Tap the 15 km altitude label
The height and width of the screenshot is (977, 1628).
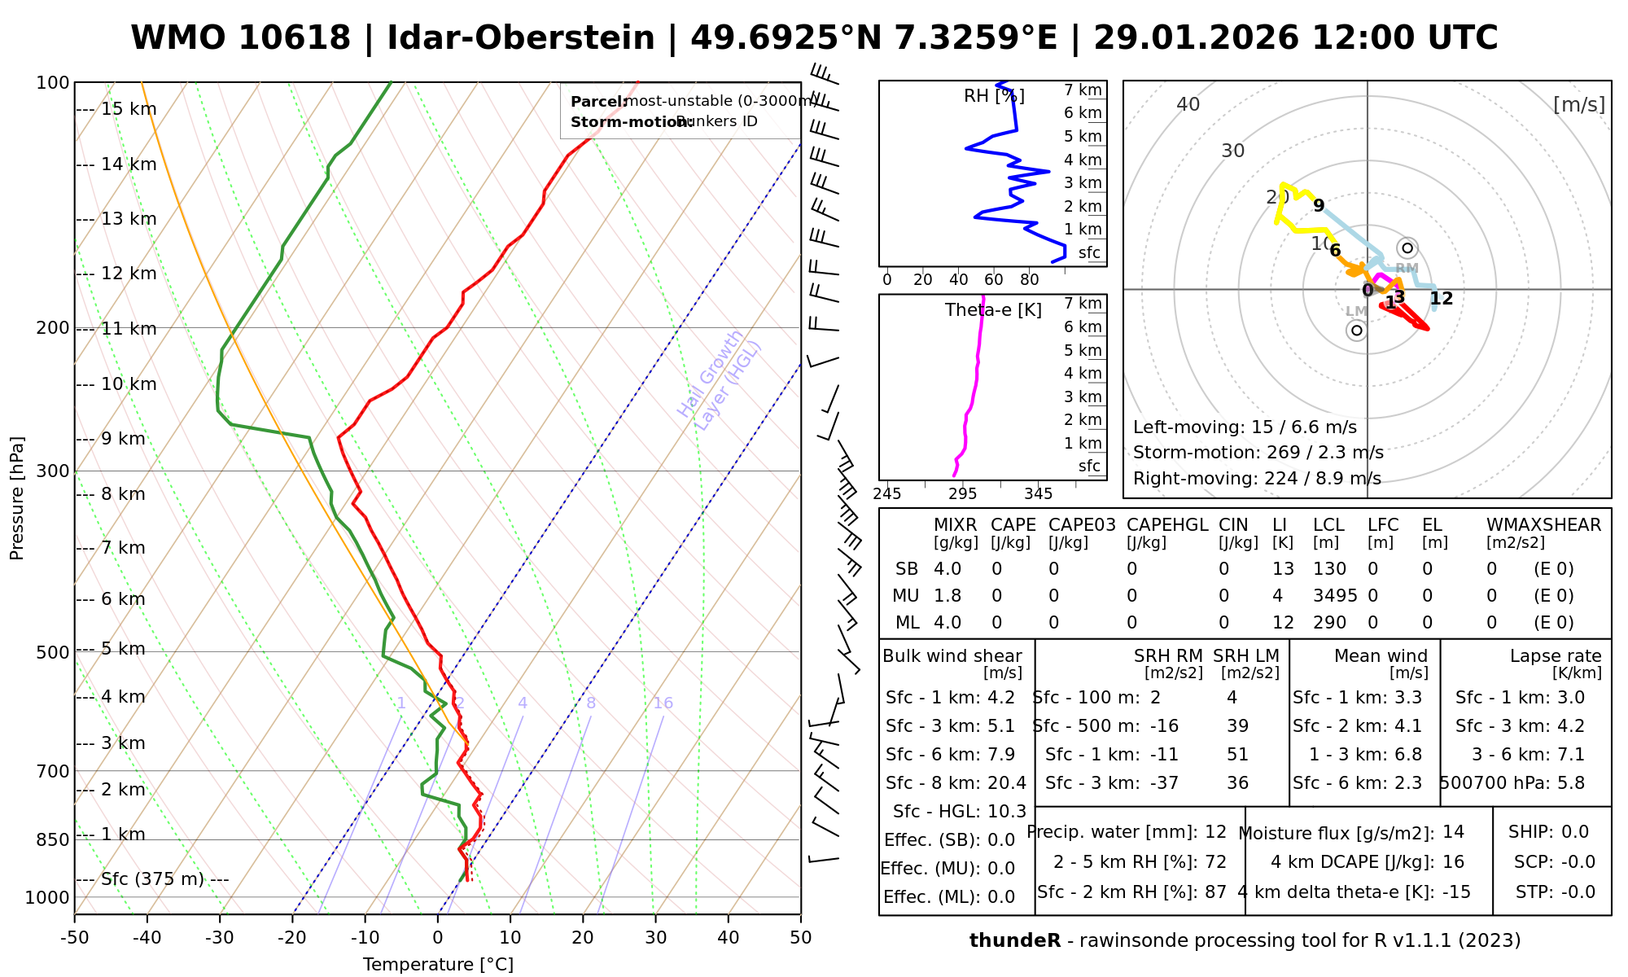[x=129, y=109]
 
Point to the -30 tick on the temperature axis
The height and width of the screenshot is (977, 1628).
[x=219, y=938]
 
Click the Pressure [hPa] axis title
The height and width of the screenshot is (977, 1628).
[x=17, y=498]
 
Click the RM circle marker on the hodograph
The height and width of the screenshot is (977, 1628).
[x=1407, y=248]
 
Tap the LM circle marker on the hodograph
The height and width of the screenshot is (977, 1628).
[x=1356, y=330]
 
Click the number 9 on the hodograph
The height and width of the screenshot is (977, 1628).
[x=1319, y=205]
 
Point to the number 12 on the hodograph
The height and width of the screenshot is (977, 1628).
[x=1441, y=299]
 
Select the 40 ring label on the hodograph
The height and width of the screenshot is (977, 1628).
[x=1188, y=104]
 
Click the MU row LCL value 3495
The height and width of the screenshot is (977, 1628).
[x=1335, y=596]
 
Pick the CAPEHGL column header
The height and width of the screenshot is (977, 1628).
[x=1167, y=525]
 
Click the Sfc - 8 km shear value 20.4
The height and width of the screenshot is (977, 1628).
[x=1007, y=783]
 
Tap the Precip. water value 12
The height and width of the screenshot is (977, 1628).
[x=1215, y=832]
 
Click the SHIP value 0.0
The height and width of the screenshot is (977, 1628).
[x=1574, y=832]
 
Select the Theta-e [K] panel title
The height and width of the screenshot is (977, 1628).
[x=993, y=310]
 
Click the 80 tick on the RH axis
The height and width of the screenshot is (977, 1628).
[x=1030, y=280]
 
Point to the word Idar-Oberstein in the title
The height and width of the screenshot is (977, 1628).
[x=521, y=38]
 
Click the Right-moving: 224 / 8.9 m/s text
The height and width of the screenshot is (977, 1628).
[x=1257, y=479]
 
